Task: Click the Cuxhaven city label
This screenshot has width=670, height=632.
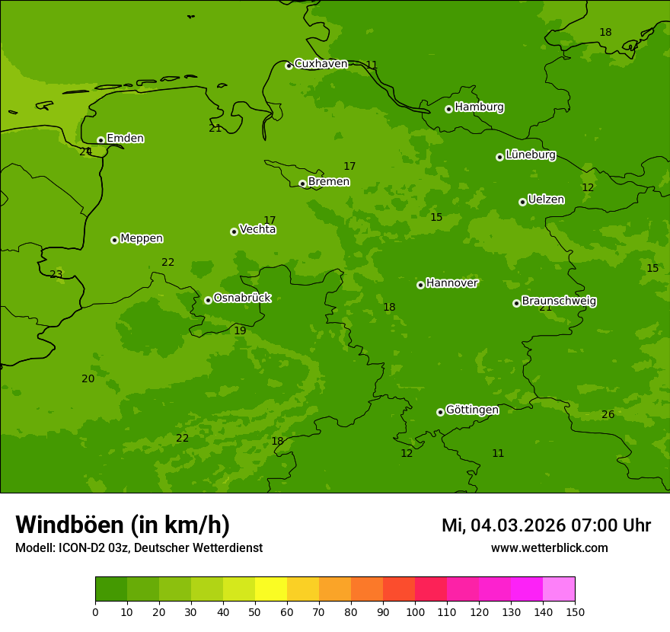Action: point(321,64)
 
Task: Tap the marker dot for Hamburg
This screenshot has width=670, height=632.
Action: point(448,109)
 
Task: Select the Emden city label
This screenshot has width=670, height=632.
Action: point(125,139)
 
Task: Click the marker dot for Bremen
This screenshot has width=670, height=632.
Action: point(302,184)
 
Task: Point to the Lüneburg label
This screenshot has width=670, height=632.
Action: point(530,155)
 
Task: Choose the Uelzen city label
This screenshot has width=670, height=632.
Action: point(546,200)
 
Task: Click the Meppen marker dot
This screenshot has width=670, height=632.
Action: point(114,240)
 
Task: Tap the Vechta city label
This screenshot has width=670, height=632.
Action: point(257,229)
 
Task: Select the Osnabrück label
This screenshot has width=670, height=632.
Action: point(242,298)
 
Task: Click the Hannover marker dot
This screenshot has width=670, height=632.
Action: point(420,285)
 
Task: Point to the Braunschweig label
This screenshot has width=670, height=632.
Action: point(559,302)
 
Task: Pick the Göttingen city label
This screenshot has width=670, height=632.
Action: point(472,410)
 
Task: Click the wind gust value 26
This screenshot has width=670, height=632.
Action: point(608,415)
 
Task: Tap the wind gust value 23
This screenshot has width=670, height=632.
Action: point(56,275)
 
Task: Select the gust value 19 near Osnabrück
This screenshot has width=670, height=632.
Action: point(240,331)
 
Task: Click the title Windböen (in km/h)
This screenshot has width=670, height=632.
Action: point(123,525)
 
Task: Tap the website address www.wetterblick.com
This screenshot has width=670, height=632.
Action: point(549,548)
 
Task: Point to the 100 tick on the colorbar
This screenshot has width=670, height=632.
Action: point(415,611)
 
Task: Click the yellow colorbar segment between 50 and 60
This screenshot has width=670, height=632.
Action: point(271,589)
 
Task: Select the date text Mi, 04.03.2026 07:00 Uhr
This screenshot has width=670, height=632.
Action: point(546,525)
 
